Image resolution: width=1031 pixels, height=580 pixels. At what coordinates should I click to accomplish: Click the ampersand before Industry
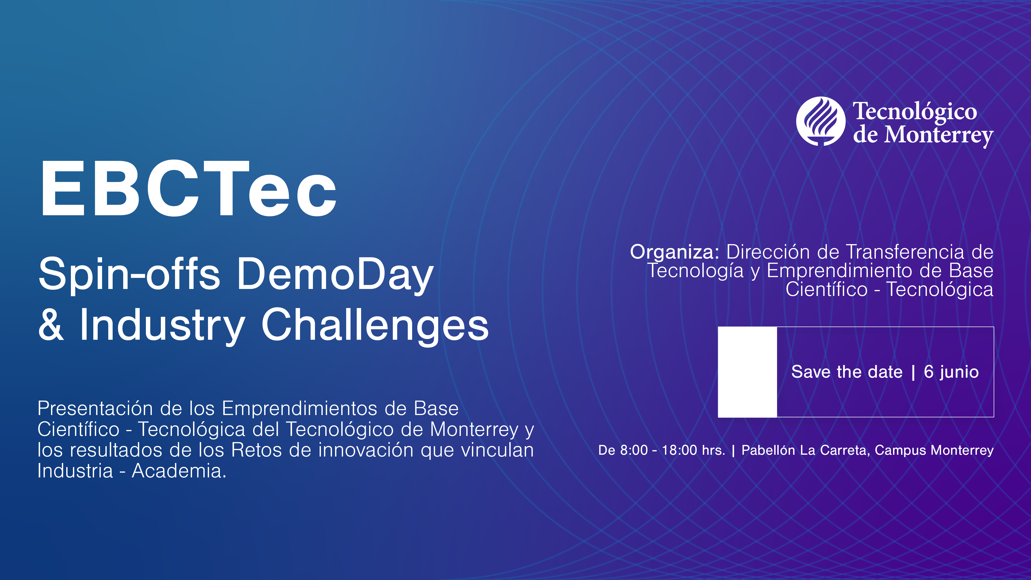coord(51,325)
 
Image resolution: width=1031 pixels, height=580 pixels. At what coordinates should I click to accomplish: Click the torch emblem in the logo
coord(820,121)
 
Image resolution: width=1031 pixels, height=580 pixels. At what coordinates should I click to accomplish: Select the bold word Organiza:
coord(674,252)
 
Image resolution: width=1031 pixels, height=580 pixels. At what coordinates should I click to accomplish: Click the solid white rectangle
coord(747,372)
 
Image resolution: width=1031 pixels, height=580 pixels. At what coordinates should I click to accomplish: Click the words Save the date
coord(846,372)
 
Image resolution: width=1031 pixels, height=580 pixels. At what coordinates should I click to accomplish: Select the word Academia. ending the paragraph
coord(179,471)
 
